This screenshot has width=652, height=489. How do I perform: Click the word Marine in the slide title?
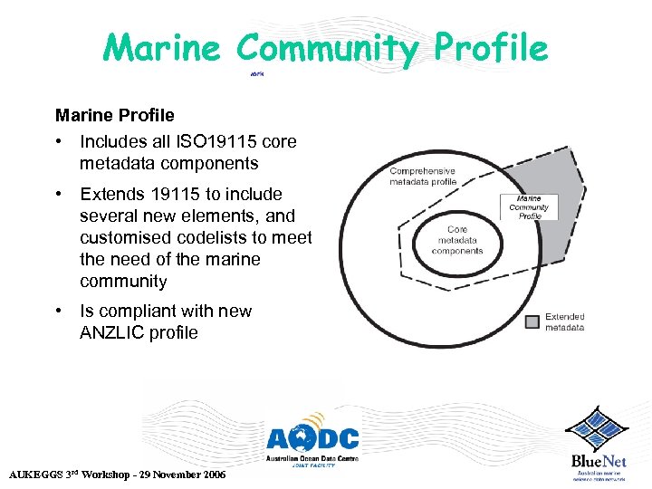click(161, 47)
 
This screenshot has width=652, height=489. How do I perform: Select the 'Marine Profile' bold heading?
click(115, 116)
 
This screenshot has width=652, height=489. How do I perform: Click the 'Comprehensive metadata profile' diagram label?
click(423, 176)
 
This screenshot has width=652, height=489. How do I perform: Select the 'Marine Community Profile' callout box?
click(530, 207)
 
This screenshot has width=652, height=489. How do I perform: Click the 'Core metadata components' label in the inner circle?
click(457, 240)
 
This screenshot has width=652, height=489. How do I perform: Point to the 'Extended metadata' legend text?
click(565, 322)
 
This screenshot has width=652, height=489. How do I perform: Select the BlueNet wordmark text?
click(599, 461)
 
